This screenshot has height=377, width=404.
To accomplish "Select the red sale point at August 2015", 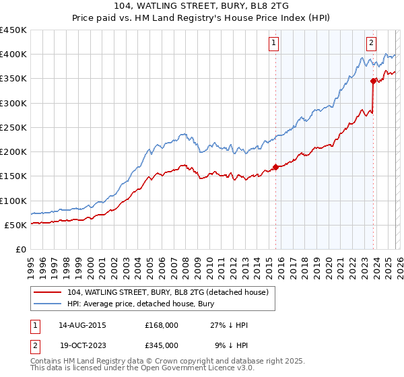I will (275, 168).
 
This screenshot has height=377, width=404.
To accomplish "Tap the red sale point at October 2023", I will (372, 81).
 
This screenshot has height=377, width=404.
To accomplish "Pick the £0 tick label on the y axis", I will (20, 250).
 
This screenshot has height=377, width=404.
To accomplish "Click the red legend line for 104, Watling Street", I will (48, 292).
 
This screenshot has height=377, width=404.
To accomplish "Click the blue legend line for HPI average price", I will (48, 304).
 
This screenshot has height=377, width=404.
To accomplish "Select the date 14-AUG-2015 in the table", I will (82, 325).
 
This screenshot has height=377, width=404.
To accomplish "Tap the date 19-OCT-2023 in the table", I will (82, 344).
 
